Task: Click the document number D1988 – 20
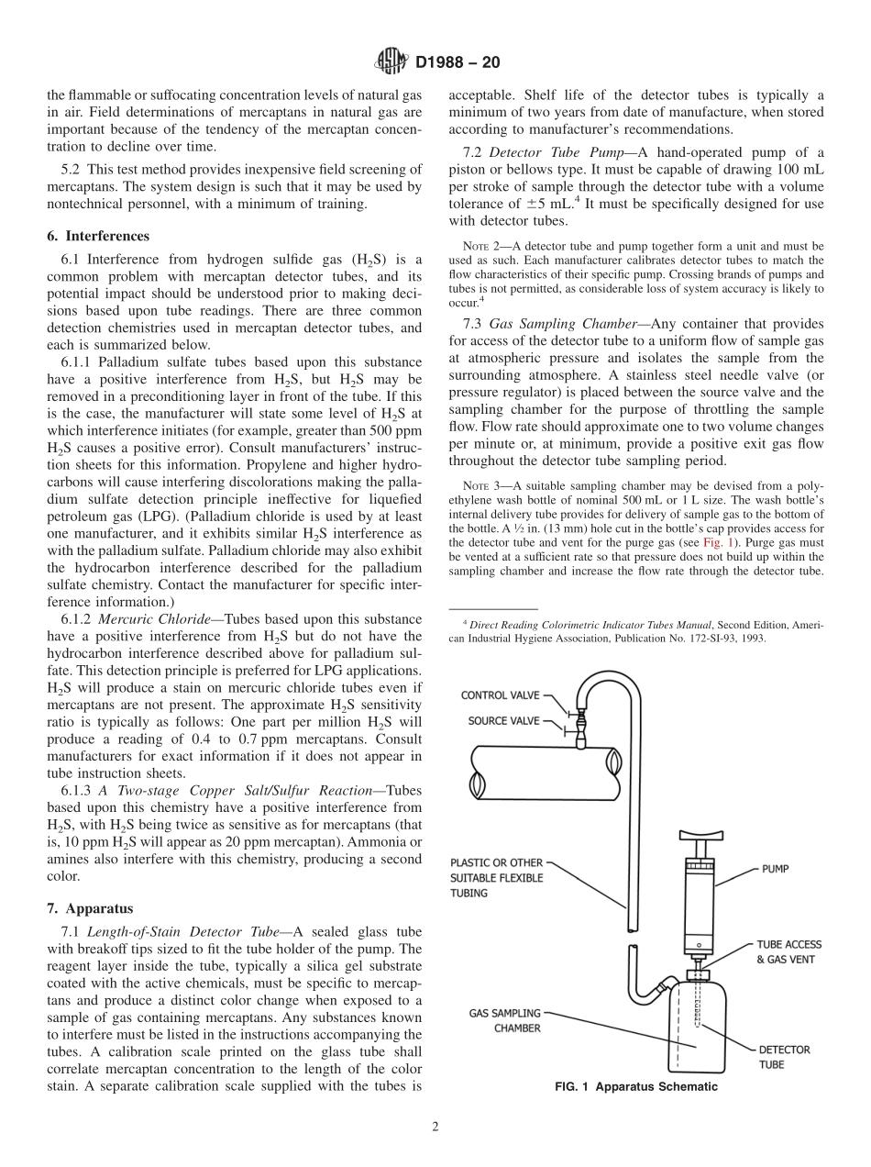(458, 63)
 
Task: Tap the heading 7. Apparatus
(90, 909)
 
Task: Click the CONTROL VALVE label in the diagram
(501, 695)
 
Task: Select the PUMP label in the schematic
(775, 868)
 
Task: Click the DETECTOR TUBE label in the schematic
(784, 1057)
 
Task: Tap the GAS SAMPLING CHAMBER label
(504, 1020)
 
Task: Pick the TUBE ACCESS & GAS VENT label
(788, 951)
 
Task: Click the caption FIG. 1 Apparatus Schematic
(635, 1087)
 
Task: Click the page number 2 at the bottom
(435, 1128)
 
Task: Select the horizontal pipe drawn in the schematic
(541, 764)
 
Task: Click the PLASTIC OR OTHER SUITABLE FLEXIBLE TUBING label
(496, 878)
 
